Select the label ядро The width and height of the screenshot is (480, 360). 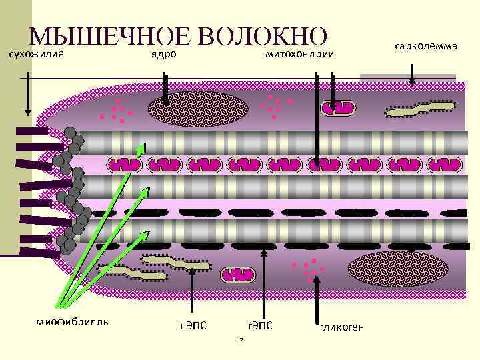click(163, 54)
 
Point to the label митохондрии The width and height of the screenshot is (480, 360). click(298, 54)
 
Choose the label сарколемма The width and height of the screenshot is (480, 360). click(425, 47)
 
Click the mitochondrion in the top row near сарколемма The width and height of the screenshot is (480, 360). click(341, 108)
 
